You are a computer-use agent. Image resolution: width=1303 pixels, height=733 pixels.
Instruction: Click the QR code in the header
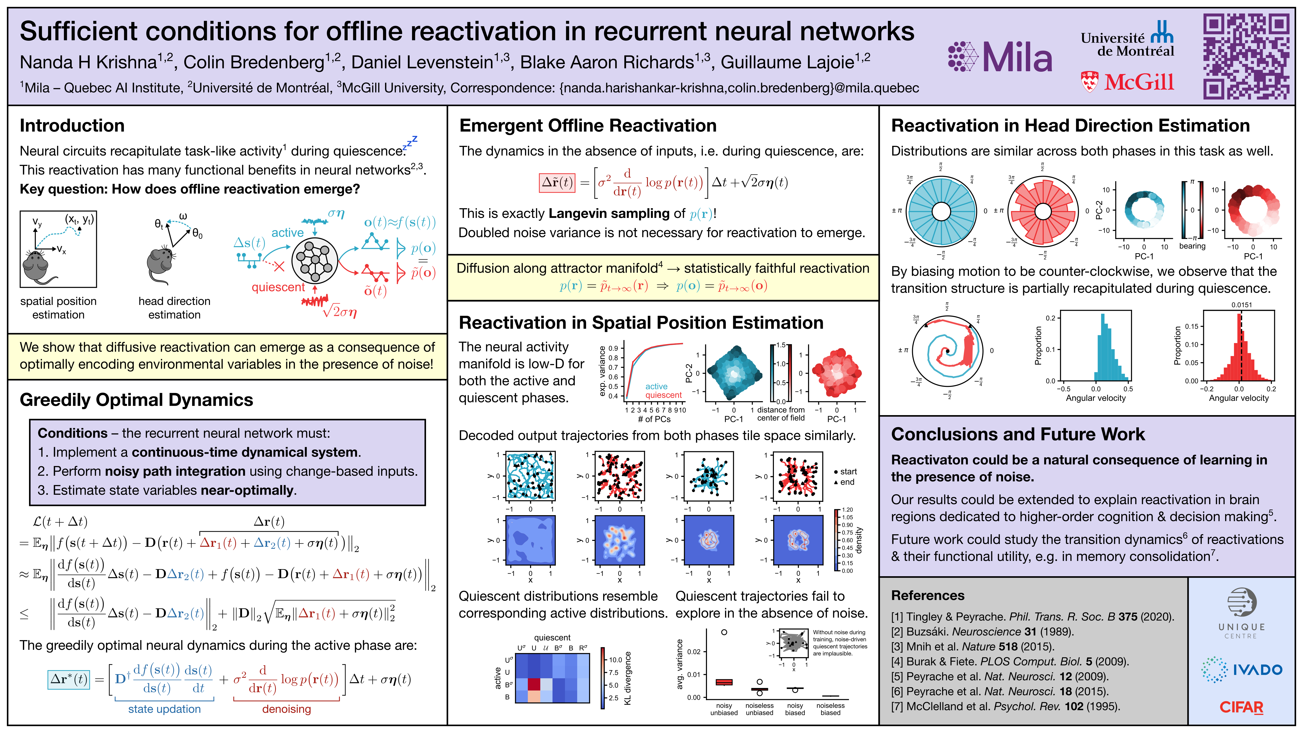coord(1246,56)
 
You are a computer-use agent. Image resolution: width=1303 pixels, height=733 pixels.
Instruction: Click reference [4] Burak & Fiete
coord(1010,661)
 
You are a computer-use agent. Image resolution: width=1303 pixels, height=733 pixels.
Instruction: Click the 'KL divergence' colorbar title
coord(628,678)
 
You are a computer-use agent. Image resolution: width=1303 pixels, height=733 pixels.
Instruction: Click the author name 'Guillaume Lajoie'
coord(787,62)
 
